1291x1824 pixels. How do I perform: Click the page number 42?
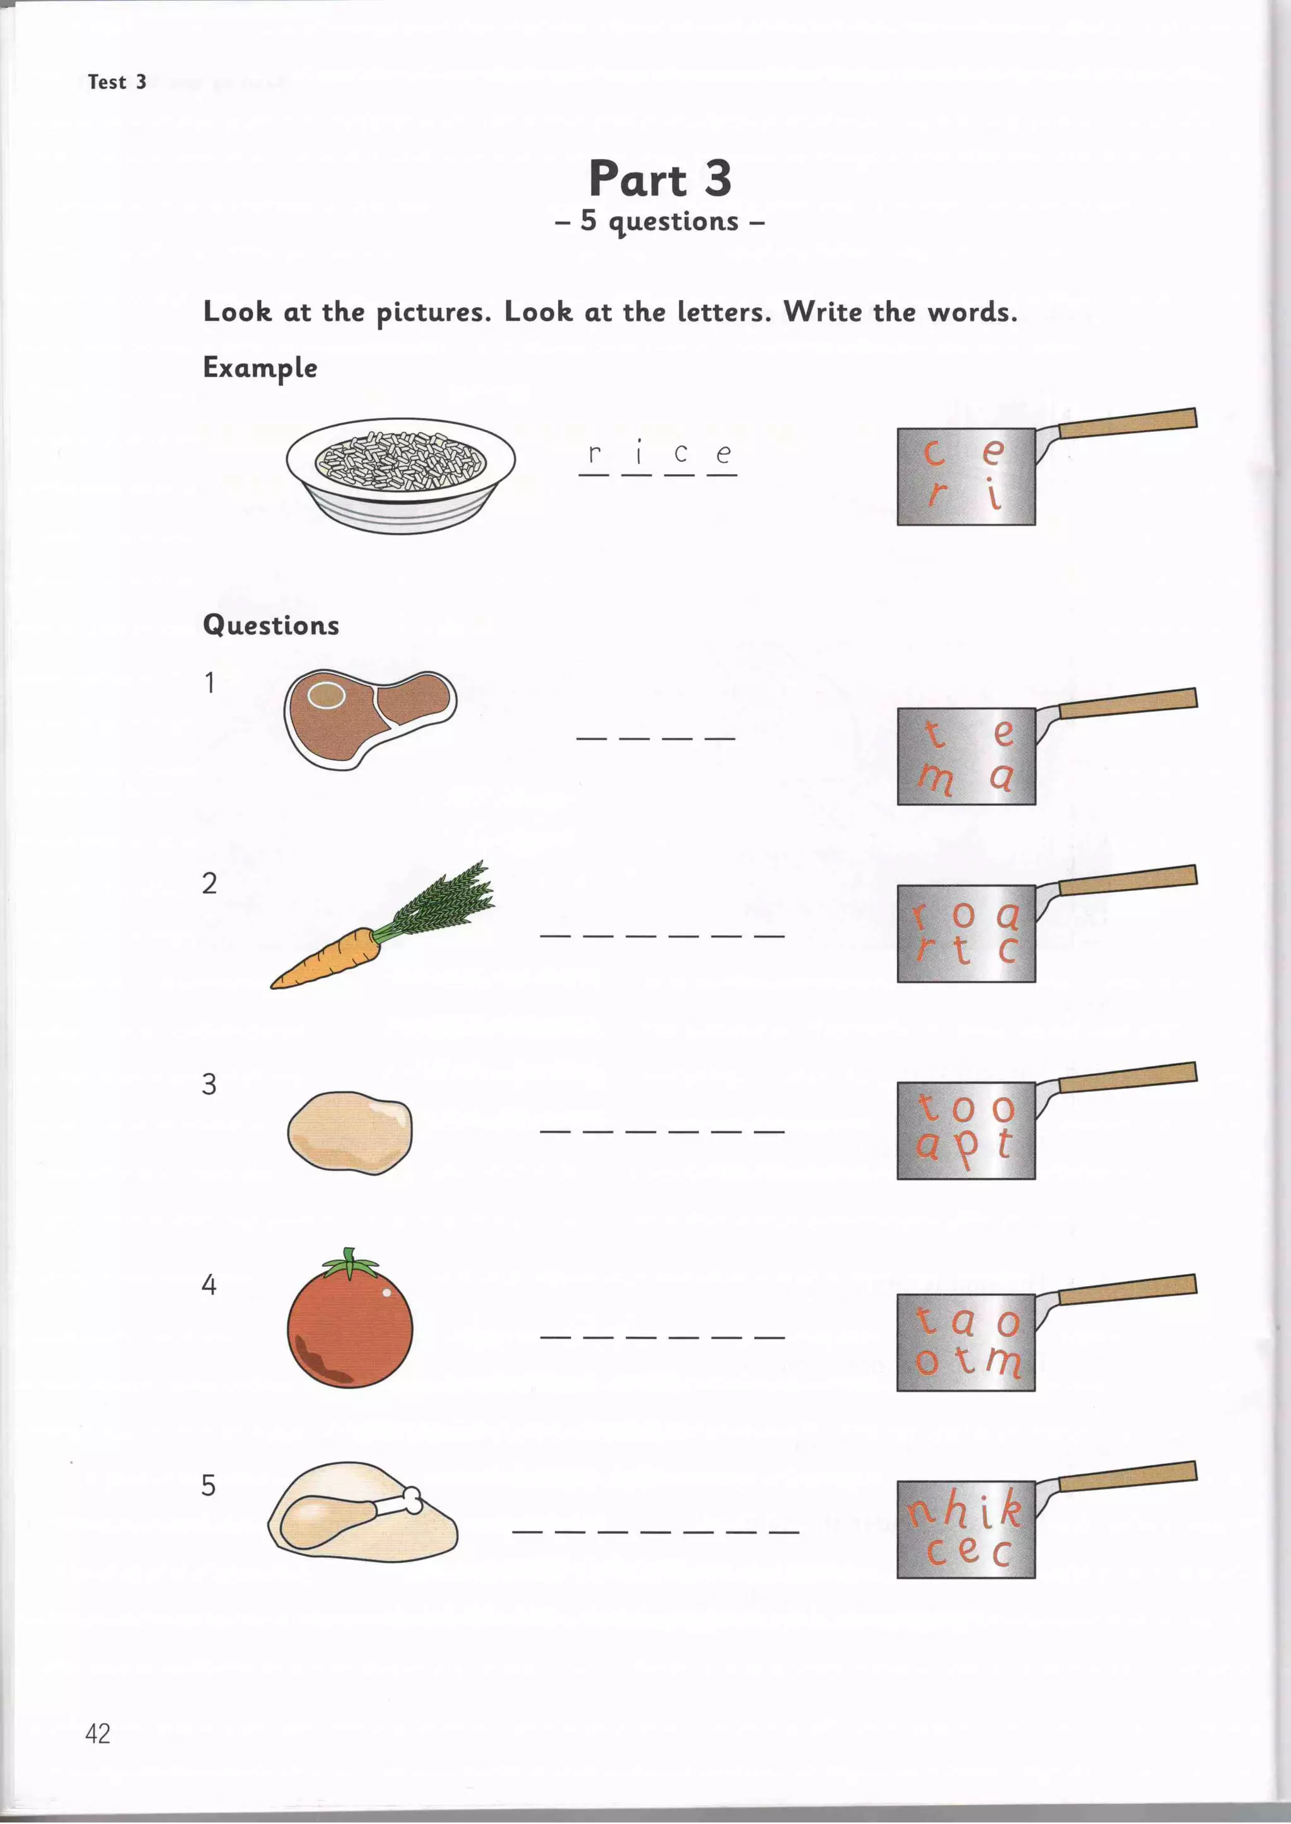pyautogui.click(x=98, y=1733)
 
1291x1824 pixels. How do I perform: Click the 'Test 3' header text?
pyautogui.click(x=117, y=82)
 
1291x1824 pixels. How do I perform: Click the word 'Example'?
pyautogui.click(x=260, y=368)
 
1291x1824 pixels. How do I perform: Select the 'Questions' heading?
pyautogui.click(x=270, y=625)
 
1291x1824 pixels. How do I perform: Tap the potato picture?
pyautogui.click(x=350, y=1132)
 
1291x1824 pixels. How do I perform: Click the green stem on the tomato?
pyautogui.click(x=350, y=1263)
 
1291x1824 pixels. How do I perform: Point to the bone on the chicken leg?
pyautogui.click(x=411, y=1501)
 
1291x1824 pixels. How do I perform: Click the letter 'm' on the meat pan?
pyautogui.click(x=935, y=777)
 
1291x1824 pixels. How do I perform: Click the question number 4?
pyautogui.click(x=208, y=1284)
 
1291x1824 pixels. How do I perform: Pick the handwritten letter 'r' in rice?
pyautogui.click(x=593, y=454)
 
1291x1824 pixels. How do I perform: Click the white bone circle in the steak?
pyautogui.click(x=326, y=695)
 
